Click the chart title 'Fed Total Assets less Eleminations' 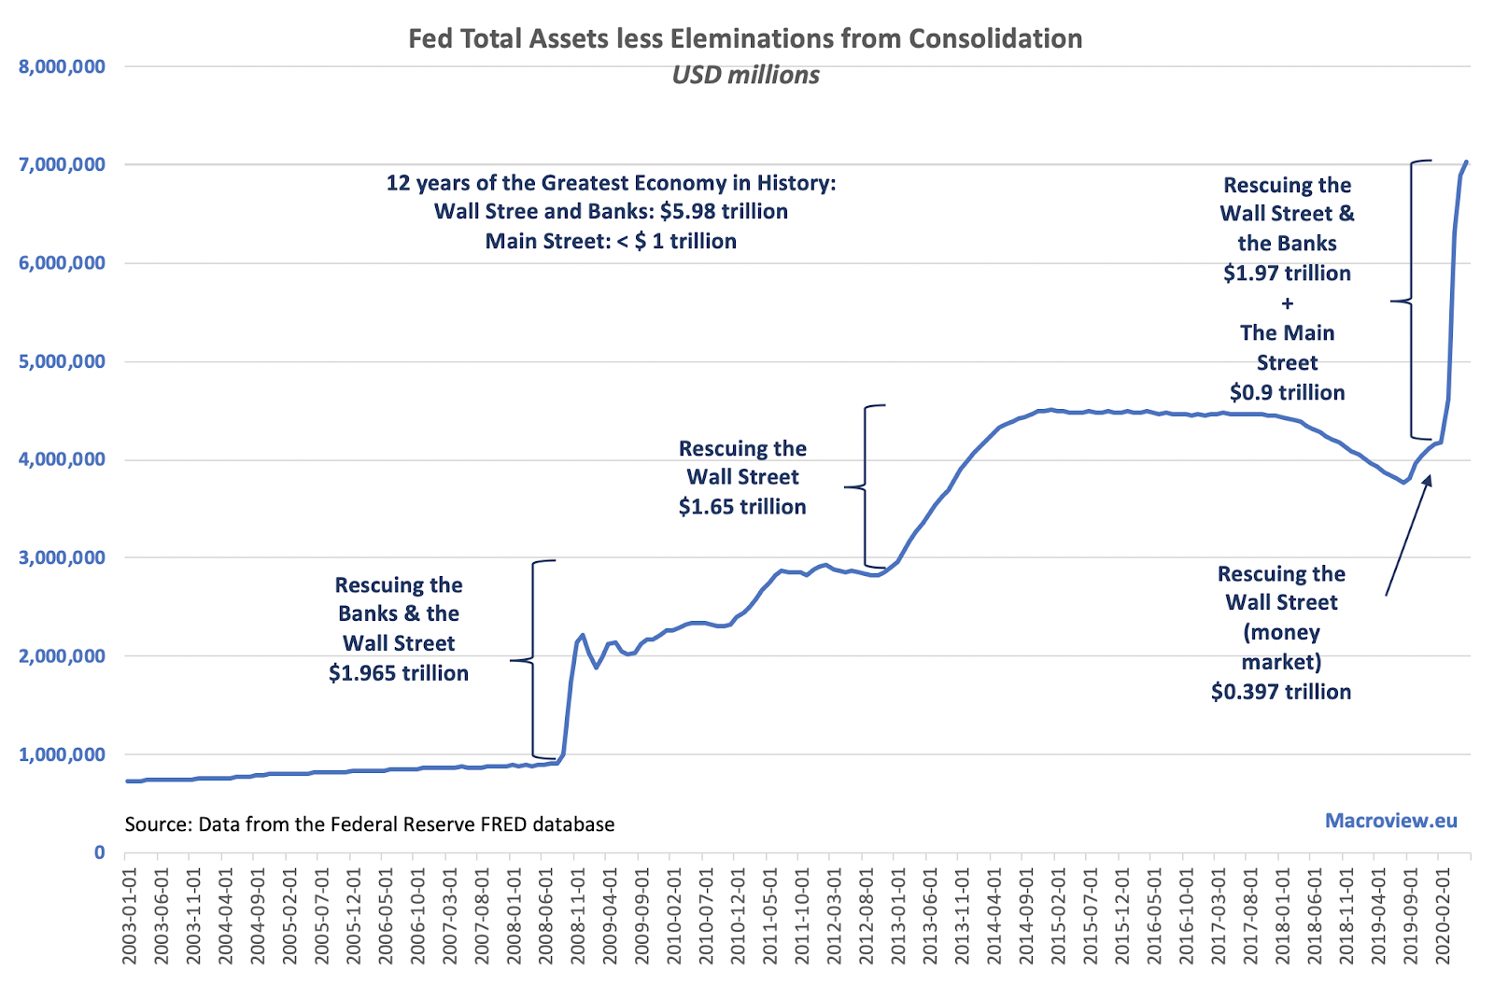745,38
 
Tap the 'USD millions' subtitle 745,75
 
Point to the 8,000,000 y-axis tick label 62,66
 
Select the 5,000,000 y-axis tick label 62,361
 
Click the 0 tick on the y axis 99,852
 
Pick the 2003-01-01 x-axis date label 130,916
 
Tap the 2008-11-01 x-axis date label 578,916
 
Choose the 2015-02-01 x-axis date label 1058,916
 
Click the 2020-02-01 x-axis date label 1443,916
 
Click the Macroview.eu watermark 1390,821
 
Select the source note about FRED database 370,824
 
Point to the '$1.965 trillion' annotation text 399,673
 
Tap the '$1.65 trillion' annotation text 742,507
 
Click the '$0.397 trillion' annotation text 1281,692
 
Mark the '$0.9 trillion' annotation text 1287,393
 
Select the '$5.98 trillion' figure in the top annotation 724,212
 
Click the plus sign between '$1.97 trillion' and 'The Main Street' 1287,303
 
